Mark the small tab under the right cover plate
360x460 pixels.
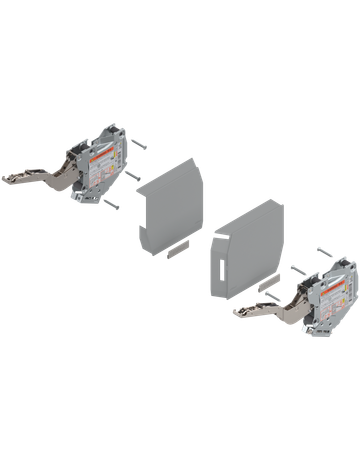(268, 289)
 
